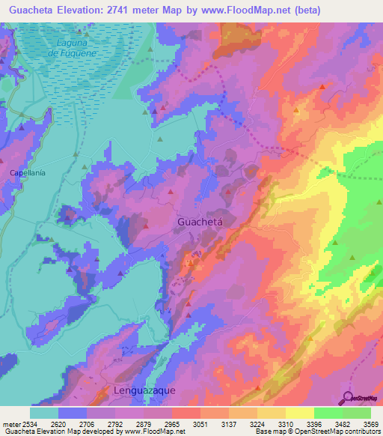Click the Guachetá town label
(201, 222)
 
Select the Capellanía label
(28, 173)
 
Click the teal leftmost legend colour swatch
(44, 413)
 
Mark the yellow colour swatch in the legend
(299, 413)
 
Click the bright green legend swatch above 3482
(328, 413)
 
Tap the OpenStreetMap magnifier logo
(348, 397)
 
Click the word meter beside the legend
(10, 425)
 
